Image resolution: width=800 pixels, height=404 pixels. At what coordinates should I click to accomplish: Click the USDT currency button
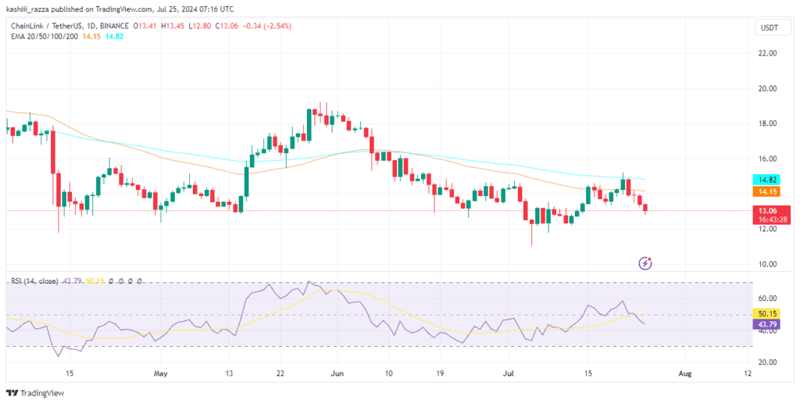coord(770,28)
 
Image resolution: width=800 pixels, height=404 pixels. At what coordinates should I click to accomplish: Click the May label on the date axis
coord(160,373)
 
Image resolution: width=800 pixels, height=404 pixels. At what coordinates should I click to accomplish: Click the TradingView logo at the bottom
coord(35,393)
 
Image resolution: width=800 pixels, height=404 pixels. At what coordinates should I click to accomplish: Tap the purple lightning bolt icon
coord(645,263)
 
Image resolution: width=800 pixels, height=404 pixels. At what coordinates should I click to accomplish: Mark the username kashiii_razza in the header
coord(27,9)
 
